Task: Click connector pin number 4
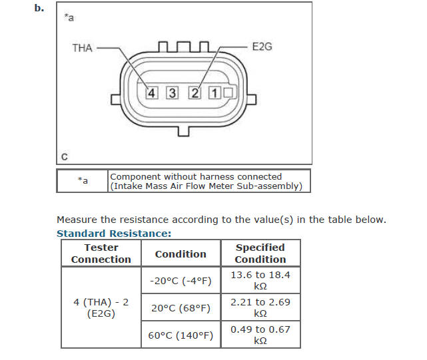coord(153,93)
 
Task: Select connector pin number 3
coord(173,93)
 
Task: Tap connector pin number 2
coord(194,93)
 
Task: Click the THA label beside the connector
coord(82,48)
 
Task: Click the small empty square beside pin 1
coord(228,93)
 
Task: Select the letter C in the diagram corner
coord(64,157)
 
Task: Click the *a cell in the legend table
coord(83,180)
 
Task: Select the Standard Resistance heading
coord(114,234)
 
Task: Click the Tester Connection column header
coord(101,254)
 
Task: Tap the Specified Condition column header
coord(260,254)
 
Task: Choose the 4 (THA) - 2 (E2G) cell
coord(101,307)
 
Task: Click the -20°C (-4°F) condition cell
coord(181,281)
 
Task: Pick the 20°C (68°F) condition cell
coord(181,308)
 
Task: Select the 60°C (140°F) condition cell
coord(181,335)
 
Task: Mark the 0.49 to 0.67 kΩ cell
coord(260,335)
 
